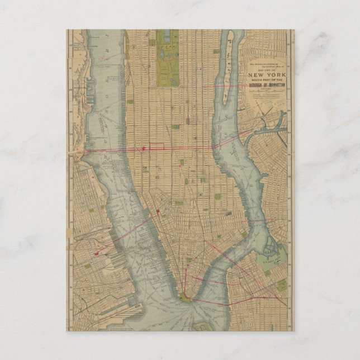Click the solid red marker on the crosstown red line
pyautogui.click(x=144, y=148)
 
